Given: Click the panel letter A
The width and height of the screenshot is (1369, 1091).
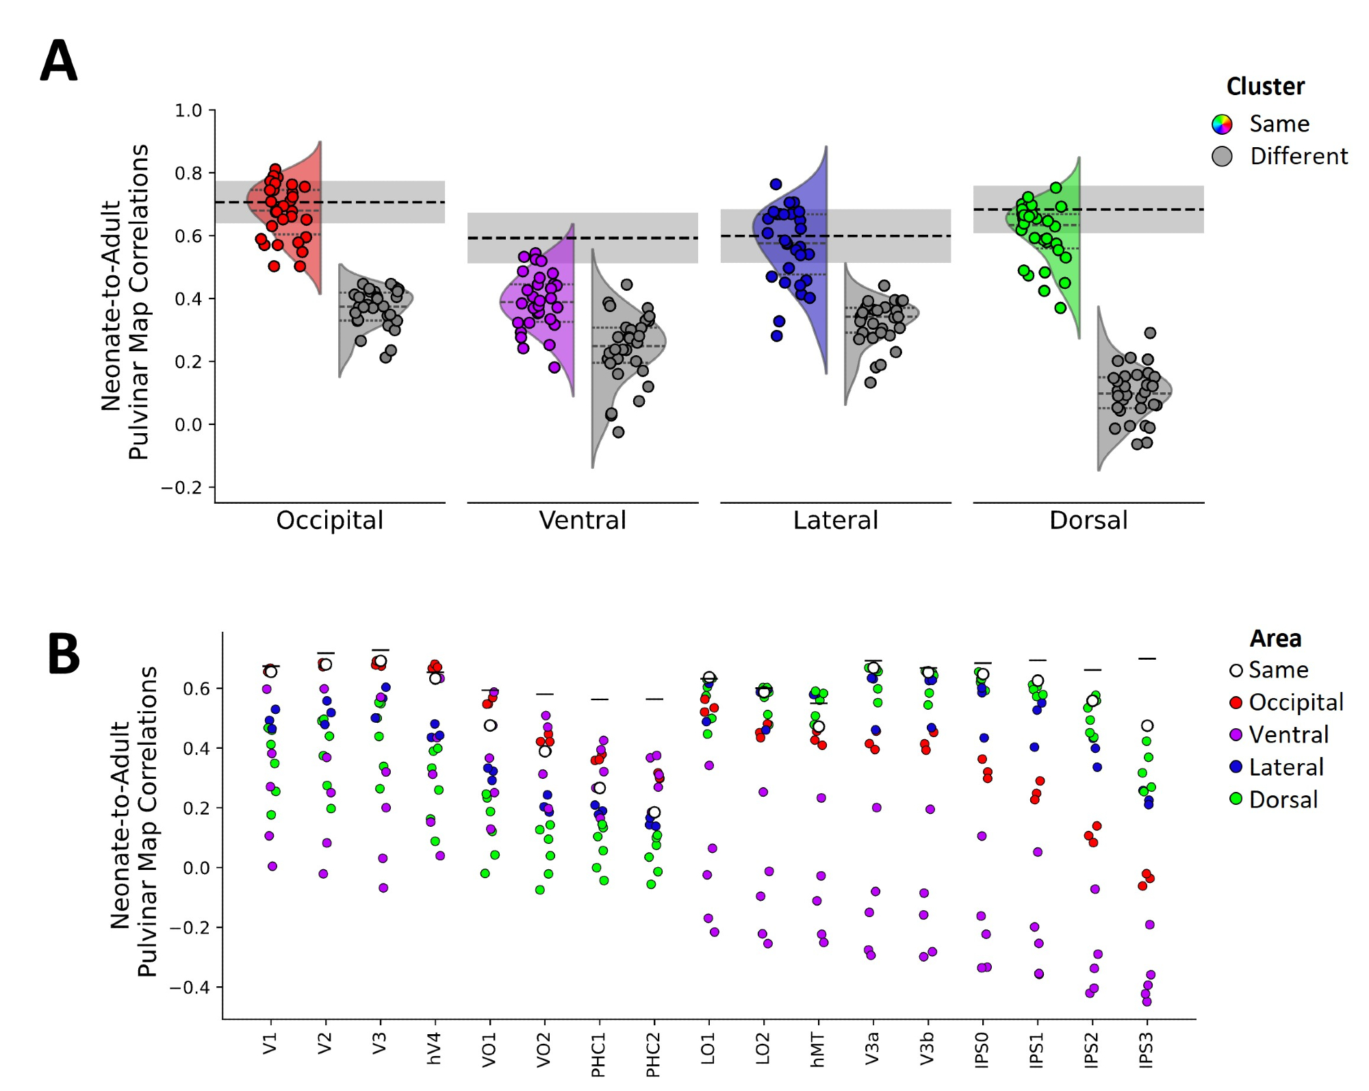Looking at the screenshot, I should click(x=59, y=61).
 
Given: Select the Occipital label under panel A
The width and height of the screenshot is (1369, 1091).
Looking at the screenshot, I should click(x=329, y=521).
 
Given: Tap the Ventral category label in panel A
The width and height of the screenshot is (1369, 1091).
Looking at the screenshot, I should click(x=583, y=521).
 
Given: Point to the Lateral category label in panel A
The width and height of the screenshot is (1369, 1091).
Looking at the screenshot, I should click(x=835, y=521).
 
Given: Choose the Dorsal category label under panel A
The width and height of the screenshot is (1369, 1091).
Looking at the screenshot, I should click(x=1088, y=521).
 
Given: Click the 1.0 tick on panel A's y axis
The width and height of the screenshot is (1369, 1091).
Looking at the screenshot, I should click(x=188, y=110).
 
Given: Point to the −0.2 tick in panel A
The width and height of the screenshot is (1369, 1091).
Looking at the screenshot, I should click(x=181, y=488).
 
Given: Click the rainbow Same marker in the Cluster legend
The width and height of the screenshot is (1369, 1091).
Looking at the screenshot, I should click(x=1222, y=124).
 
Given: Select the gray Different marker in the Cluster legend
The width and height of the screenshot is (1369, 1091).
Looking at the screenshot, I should click(x=1222, y=157).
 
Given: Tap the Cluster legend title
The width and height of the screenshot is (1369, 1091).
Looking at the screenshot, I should click(x=1265, y=87).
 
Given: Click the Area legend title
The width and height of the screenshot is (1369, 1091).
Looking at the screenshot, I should click(x=1275, y=639).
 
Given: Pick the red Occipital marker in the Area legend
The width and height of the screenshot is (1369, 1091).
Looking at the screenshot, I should click(x=1236, y=702).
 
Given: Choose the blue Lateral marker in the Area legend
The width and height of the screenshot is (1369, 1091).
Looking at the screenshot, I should click(x=1236, y=767).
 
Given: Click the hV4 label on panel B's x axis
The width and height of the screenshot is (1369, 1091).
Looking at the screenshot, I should click(x=434, y=1049).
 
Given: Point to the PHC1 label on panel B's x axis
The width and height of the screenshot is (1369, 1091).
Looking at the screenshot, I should click(x=598, y=1055).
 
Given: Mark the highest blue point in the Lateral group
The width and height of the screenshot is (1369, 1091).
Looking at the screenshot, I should click(x=776, y=184).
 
